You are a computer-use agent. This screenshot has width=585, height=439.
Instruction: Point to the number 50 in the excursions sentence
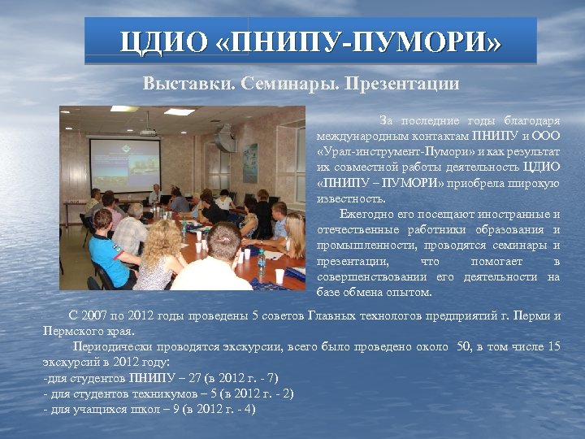pos(464,346)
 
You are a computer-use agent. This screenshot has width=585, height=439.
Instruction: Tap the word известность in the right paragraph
pos(352,198)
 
